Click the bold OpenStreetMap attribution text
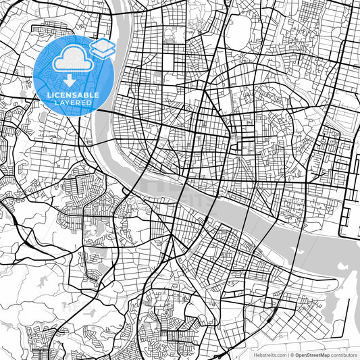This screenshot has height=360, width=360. [311, 354]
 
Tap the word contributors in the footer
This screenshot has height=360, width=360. [343, 354]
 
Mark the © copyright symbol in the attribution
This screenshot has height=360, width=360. [290, 354]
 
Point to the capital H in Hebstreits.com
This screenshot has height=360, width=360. [255, 354]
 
